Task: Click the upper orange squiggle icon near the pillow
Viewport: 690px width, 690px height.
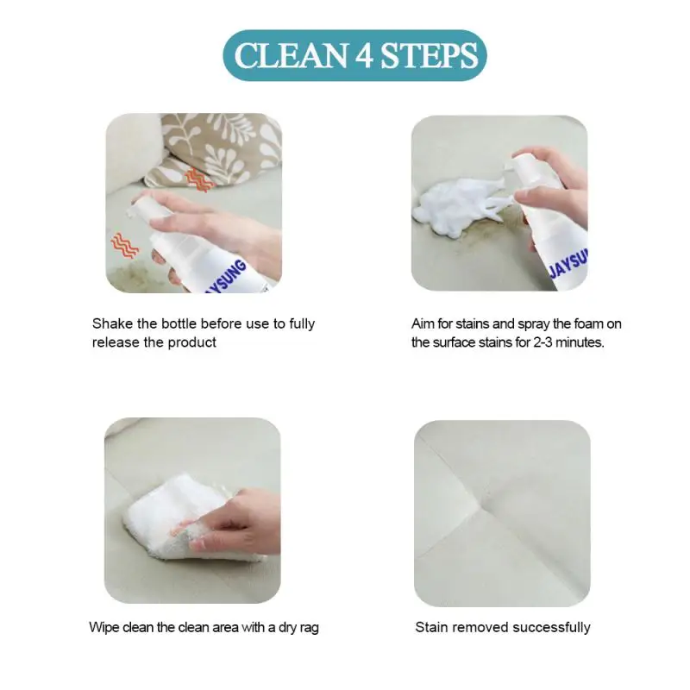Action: [x=198, y=179]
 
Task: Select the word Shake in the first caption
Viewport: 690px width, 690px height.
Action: [x=110, y=324]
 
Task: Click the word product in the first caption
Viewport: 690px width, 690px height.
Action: [x=194, y=342]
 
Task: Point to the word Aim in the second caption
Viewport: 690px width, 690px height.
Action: [x=423, y=324]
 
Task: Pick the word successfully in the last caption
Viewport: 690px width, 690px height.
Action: [x=551, y=627]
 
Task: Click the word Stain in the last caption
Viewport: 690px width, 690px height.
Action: [x=431, y=627]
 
